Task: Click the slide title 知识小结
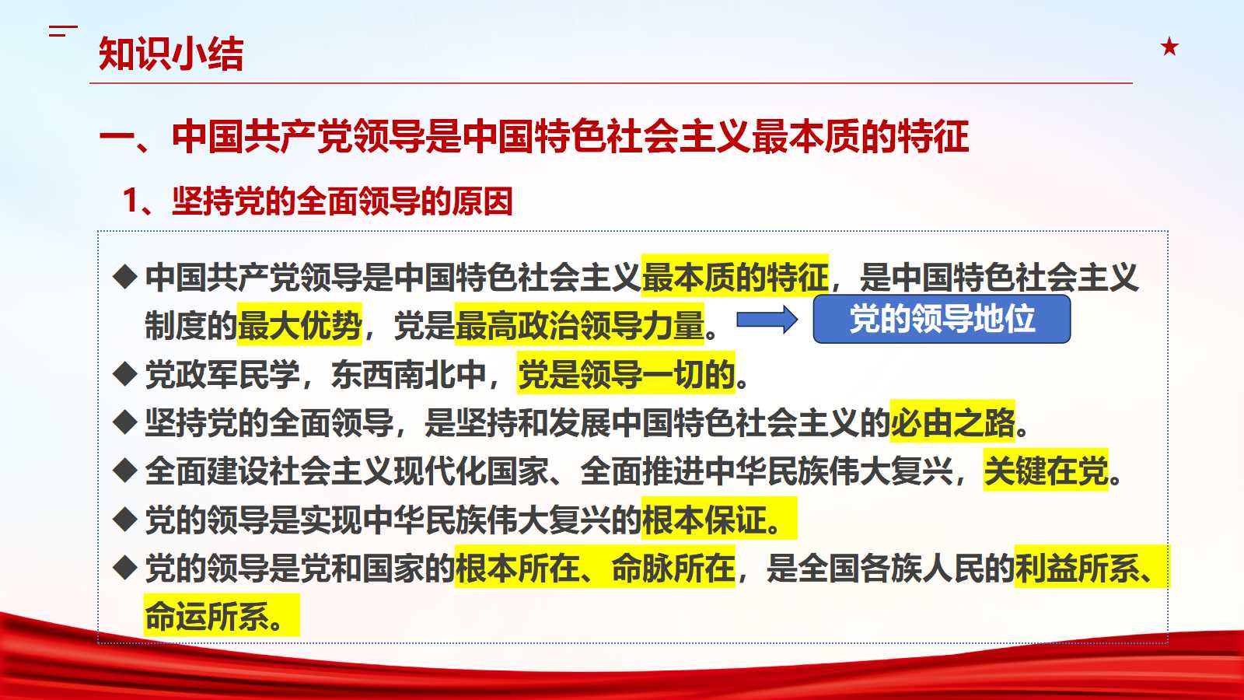click(x=171, y=54)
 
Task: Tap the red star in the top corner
click(x=1169, y=47)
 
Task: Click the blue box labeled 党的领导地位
click(x=942, y=319)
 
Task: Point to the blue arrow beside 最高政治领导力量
click(x=767, y=320)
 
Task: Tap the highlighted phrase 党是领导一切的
click(x=626, y=374)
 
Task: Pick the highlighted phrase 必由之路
click(x=952, y=422)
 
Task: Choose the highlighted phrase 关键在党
click(x=1046, y=471)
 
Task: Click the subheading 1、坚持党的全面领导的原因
click(x=317, y=201)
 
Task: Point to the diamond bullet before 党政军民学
click(x=124, y=373)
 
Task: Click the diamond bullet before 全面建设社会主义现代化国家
click(x=124, y=471)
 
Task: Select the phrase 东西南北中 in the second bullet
click(x=409, y=374)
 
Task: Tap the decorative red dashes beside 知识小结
click(x=63, y=31)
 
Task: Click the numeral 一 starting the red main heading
click(x=117, y=137)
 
